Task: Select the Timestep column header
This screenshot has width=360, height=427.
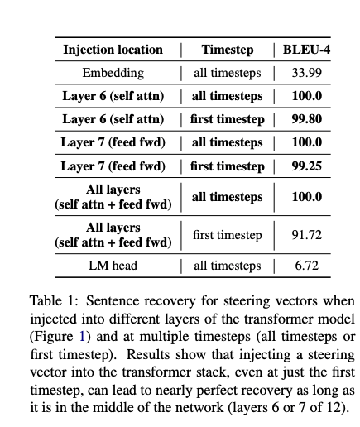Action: click(x=227, y=50)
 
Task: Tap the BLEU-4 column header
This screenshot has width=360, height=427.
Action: click(x=306, y=50)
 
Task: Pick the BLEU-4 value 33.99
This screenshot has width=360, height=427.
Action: click(x=306, y=73)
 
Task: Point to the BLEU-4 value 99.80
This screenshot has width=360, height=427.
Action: click(x=306, y=119)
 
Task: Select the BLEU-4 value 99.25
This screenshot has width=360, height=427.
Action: click(x=306, y=166)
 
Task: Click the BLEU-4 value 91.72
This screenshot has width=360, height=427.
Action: click(x=306, y=235)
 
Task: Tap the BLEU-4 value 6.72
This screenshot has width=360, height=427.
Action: click(x=306, y=266)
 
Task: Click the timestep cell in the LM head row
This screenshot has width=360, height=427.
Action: click(x=227, y=266)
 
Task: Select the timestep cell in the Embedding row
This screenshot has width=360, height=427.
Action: click(x=227, y=73)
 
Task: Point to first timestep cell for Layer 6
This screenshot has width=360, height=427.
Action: click(x=227, y=119)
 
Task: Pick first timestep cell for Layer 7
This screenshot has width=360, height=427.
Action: click(x=227, y=166)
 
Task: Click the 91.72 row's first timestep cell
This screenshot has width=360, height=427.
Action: click(x=227, y=235)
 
